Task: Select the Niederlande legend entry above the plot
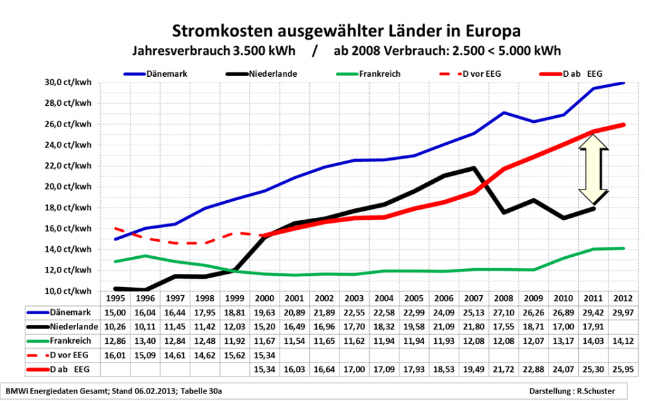coord(273,73)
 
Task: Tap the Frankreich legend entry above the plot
coord(380,73)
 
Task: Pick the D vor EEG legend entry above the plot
coord(484,73)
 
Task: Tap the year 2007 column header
coord(474,298)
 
